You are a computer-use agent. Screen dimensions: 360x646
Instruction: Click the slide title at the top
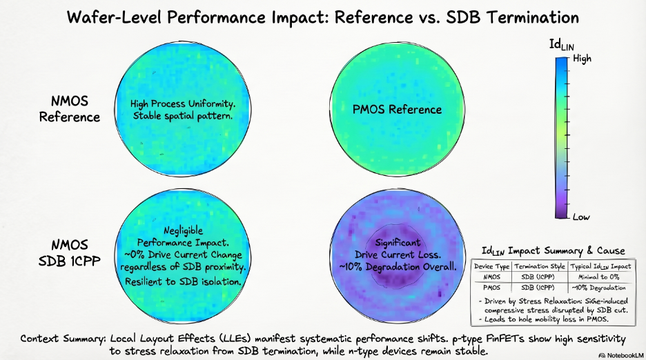(x=324, y=17)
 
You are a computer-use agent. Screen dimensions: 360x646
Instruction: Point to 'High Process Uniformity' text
(x=183, y=103)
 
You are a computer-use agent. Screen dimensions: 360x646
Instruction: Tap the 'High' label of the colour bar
(x=583, y=59)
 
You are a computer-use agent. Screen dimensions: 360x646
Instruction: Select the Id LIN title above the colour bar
(x=560, y=45)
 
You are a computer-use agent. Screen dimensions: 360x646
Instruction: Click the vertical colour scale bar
(x=561, y=138)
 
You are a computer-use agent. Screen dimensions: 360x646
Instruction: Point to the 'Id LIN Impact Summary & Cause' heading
(x=554, y=250)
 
